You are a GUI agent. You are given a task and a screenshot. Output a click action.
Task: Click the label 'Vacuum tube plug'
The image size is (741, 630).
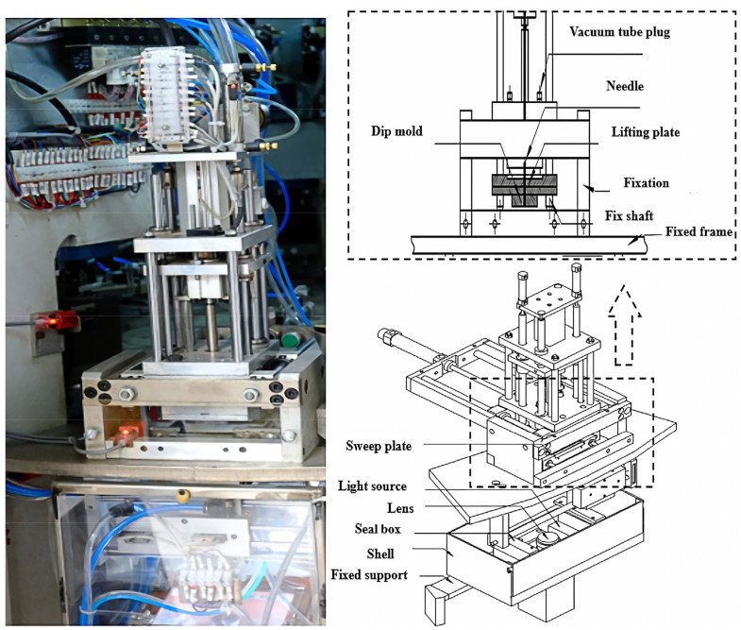click(628, 31)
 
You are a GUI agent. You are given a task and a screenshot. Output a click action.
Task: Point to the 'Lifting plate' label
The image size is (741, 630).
click(646, 132)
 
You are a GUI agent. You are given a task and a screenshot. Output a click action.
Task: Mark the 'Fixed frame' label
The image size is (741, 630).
click(698, 231)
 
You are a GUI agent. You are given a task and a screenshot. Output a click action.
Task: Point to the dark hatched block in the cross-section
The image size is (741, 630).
click(521, 188)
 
